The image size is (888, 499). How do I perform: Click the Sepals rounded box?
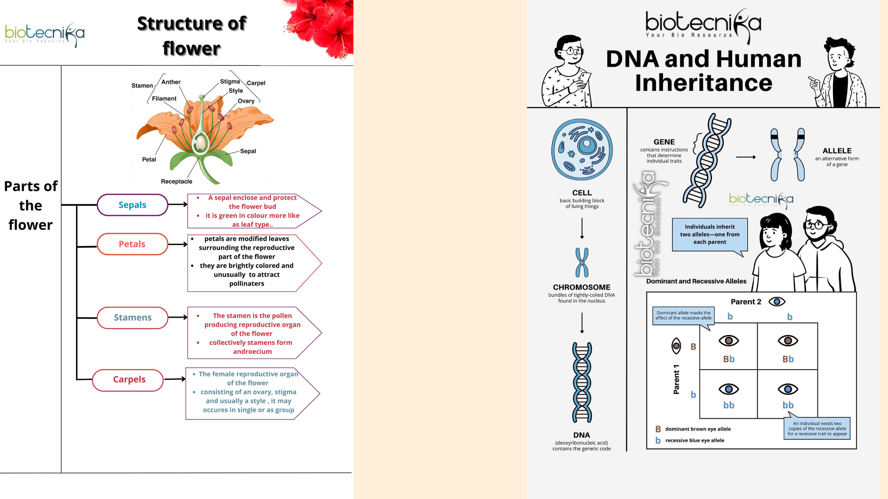pyautogui.click(x=132, y=205)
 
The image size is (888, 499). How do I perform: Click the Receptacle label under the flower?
pyautogui.click(x=177, y=181)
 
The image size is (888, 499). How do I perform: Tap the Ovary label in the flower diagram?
pyautogui.click(x=246, y=101)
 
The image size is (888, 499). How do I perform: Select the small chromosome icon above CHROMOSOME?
pyautogui.click(x=582, y=262)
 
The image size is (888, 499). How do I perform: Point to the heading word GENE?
pyautogui.click(x=664, y=142)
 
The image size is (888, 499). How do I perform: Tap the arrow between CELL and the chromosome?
pyautogui.click(x=582, y=228)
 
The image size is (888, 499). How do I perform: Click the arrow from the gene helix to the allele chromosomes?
pyautogui.click(x=746, y=157)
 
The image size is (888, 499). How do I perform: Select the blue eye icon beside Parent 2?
pyautogui.click(x=777, y=302)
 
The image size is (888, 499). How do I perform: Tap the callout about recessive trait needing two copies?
pyautogui.click(x=817, y=428)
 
